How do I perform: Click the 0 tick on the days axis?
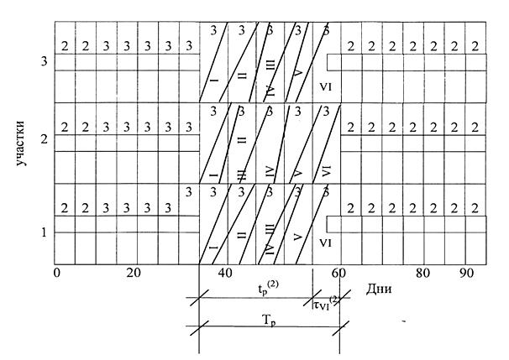(57, 273)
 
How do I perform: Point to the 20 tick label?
(134, 273)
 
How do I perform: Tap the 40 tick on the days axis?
(225, 273)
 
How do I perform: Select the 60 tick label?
(338, 273)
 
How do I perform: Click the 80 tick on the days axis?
(423, 273)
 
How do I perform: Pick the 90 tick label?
(467, 273)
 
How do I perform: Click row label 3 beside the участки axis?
(45, 61)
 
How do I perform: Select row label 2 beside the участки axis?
(45, 140)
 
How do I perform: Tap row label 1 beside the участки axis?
(45, 232)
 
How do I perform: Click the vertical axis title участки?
(20, 143)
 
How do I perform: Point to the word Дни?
(379, 289)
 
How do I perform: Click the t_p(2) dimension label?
(268, 289)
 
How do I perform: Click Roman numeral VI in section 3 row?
(326, 87)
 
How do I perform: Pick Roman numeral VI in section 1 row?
(325, 243)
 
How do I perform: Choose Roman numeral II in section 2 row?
(242, 140)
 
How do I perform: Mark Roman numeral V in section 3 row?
(298, 72)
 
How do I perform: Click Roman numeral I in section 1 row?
(213, 248)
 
